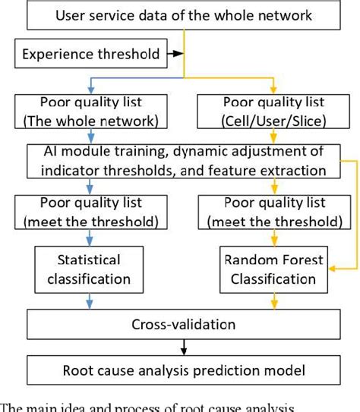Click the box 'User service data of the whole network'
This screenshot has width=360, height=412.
point(179,16)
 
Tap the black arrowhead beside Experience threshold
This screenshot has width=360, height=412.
point(178,54)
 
